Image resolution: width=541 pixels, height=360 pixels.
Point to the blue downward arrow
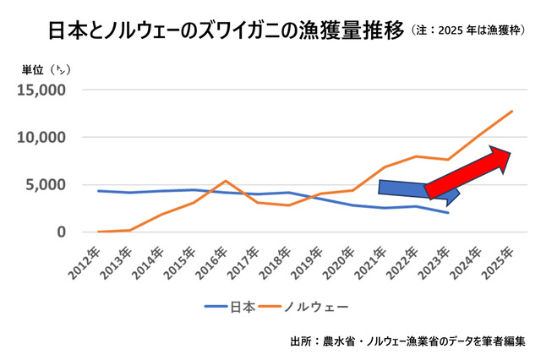coord(414,193)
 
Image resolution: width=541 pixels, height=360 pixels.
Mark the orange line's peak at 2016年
coord(226,181)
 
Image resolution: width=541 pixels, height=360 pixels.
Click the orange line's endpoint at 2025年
coord(511,111)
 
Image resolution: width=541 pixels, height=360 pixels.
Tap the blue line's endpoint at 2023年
coord(447,213)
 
